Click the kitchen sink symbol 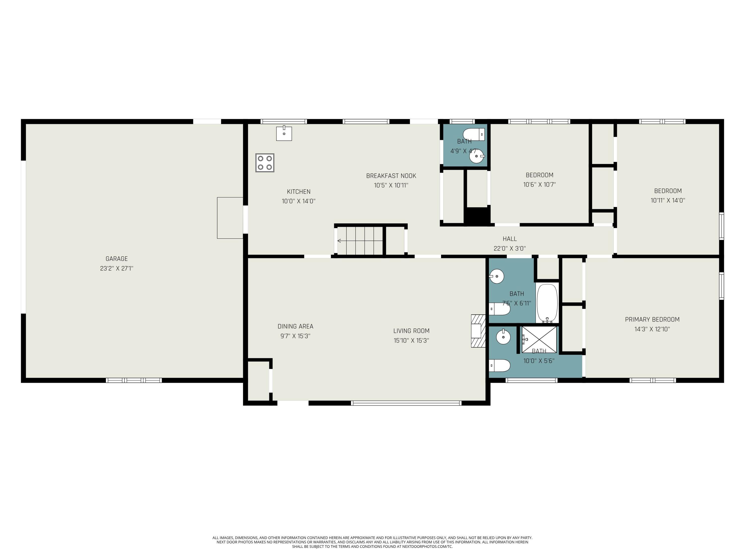(x=284, y=133)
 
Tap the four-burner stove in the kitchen (x=264, y=163)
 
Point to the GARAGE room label (x=116, y=259)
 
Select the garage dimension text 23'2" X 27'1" (x=116, y=269)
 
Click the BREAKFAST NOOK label (x=391, y=176)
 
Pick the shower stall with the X (x=539, y=339)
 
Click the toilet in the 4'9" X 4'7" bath (x=474, y=134)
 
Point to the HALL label (x=510, y=239)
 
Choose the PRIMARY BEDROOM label (x=652, y=319)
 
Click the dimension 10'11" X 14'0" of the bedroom (x=668, y=200)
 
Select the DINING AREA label (x=295, y=326)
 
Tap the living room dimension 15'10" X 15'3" (x=411, y=341)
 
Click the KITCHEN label (x=298, y=192)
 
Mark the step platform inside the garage (x=230, y=218)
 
